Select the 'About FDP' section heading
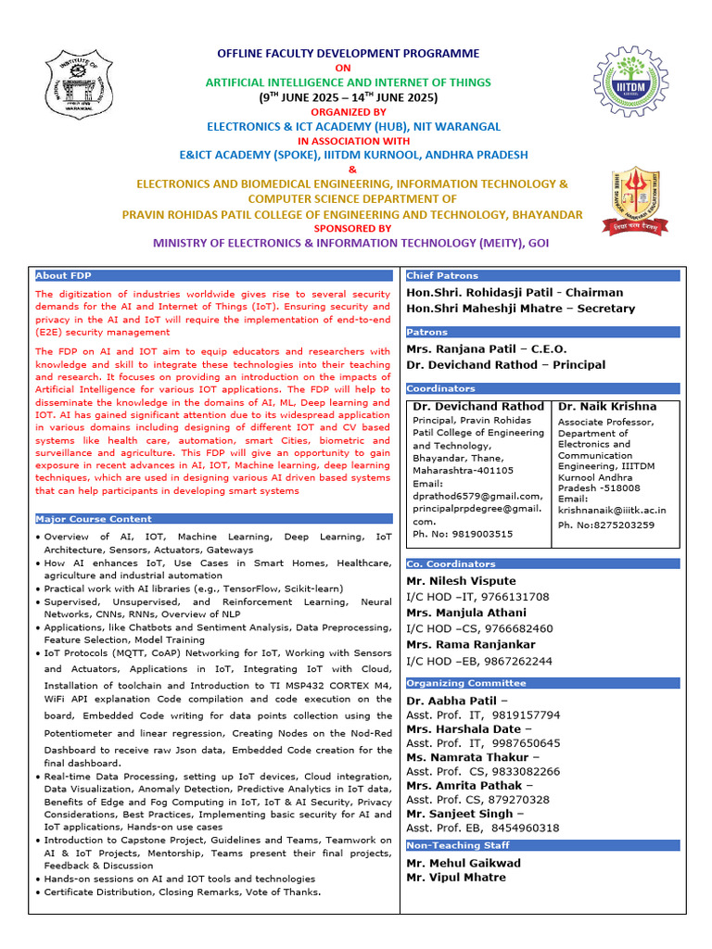point(63,275)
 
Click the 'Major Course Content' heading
point(94,519)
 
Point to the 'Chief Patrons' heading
point(442,275)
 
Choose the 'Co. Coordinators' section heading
point(451,563)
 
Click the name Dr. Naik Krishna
point(606,407)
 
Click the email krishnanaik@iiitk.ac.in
point(612,510)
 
